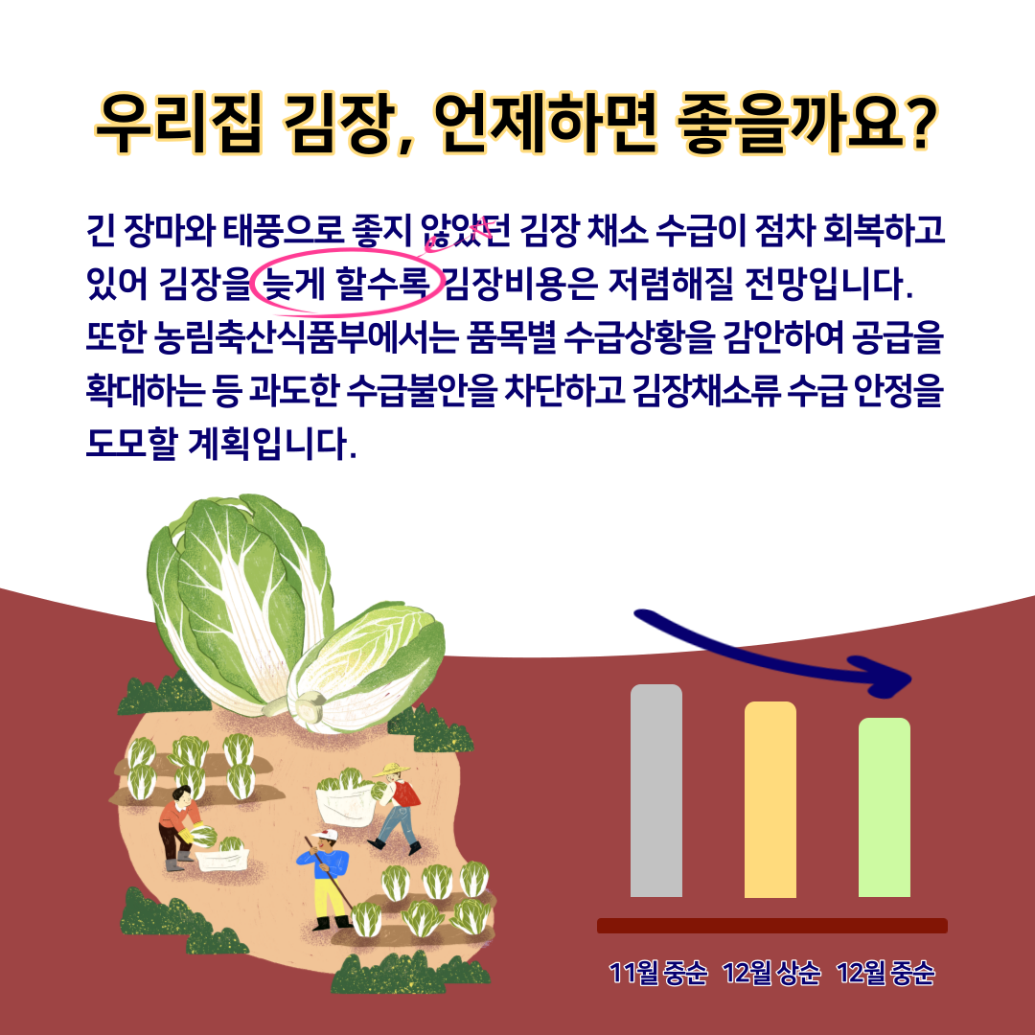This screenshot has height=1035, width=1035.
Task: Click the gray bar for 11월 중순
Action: tap(656, 790)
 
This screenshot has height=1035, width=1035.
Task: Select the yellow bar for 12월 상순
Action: tap(770, 799)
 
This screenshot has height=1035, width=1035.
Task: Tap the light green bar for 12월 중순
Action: tap(885, 807)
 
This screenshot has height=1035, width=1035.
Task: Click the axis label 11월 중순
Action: tap(657, 973)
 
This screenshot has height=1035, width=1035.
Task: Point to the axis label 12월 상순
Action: tap(770, 973)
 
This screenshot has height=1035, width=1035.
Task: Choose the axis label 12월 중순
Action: tap(885, 973)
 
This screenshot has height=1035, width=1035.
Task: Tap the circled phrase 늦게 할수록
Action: tap(346, 285)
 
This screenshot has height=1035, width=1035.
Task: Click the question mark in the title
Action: tap(917, 123)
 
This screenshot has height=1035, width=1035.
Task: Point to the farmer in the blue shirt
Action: tap(327, 879)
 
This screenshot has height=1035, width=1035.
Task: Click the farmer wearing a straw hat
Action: tap(396, 806)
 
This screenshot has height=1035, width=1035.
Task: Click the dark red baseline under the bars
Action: tap(771, 926)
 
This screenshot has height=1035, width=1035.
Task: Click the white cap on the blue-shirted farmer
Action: tap(325, 835)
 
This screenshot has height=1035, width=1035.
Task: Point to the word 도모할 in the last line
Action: tap(132, 444)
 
